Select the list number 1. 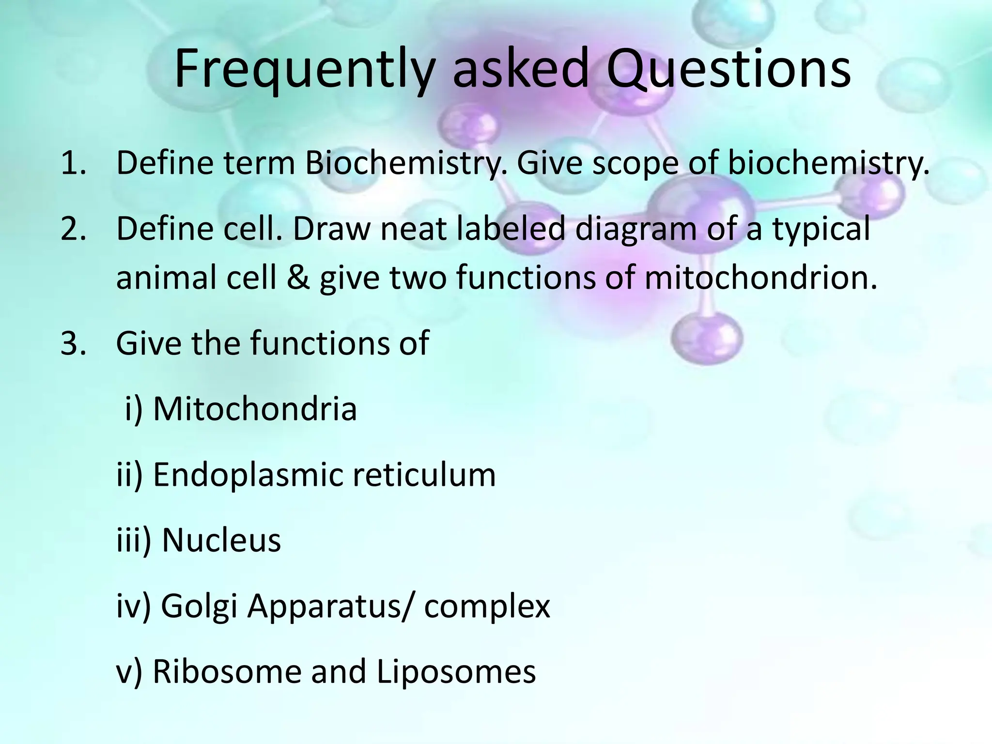(73, 163)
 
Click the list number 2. (73, 229)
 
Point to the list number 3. (73, 343)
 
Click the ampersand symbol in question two (298, 279)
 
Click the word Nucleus (221, 540)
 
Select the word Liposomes (456, 673)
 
